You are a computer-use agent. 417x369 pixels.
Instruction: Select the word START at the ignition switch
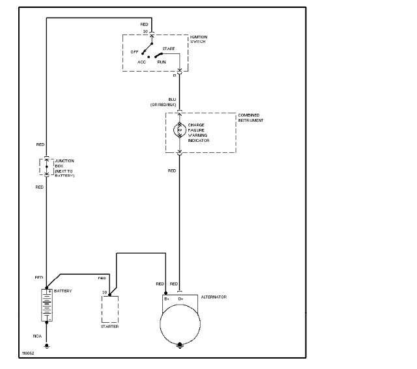(169, 49)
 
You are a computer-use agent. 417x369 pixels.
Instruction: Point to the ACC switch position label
(141, 62)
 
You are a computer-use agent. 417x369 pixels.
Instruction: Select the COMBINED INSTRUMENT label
(253, 118)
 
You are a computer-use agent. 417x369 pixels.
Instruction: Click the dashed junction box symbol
(46, 166)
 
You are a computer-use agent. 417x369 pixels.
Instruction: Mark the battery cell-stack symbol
(46, 306)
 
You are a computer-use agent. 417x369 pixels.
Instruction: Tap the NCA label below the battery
(38, 336)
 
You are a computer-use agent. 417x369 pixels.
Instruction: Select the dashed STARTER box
(109, 311)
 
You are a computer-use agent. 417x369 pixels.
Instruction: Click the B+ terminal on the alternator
(167, 299)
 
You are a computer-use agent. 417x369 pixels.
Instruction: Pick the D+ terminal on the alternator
(180, 299)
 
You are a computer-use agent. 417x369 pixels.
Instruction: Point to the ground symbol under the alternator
(180, 346)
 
